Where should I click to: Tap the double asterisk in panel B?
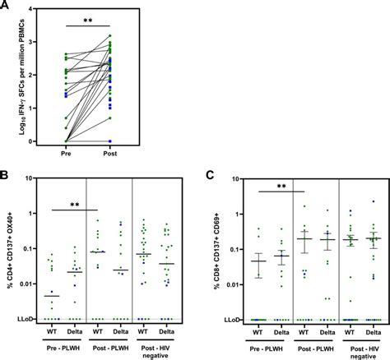point(75,205)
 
